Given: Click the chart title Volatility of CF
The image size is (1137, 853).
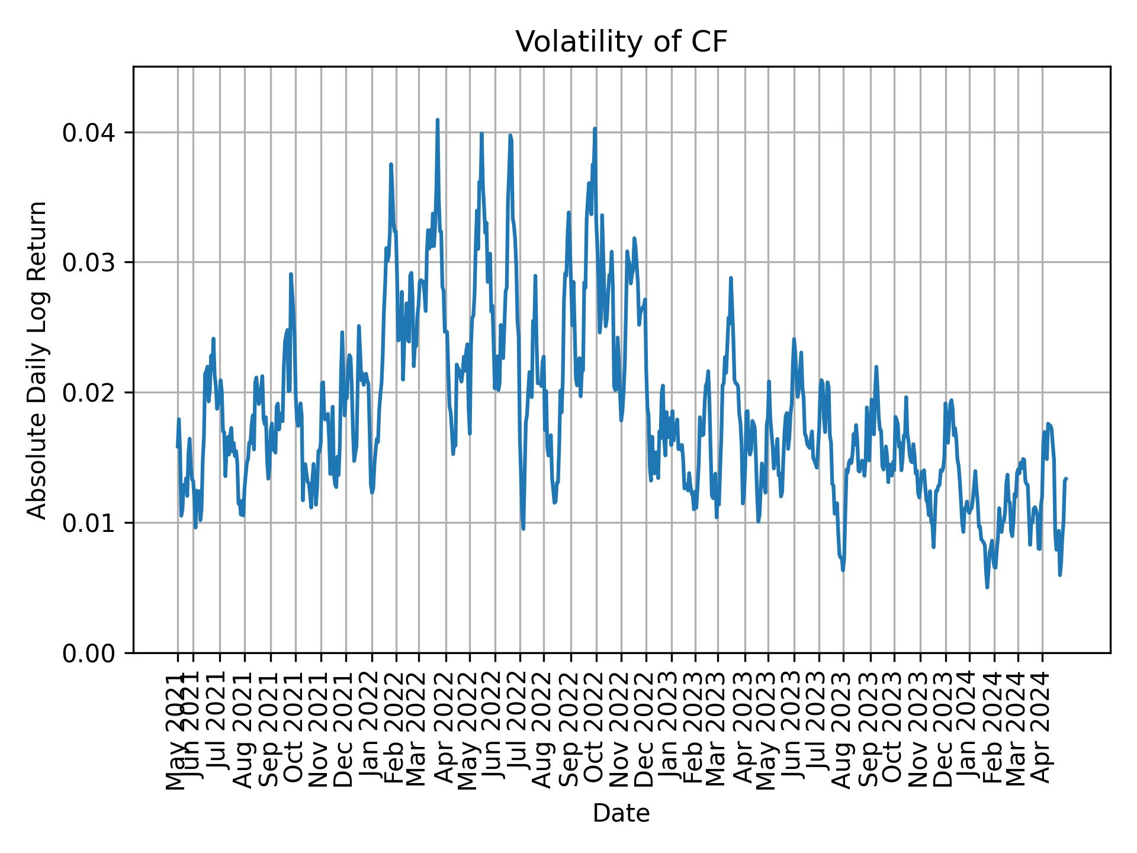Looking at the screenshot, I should (x=621, y=42).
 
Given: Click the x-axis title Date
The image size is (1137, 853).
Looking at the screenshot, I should (x=621, y=813).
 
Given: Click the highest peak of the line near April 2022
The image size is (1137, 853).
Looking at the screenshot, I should (x=437, y=120).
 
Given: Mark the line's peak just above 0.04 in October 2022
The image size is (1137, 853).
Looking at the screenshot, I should (x=595, y=129).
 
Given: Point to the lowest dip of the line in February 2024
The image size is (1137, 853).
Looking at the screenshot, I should (x=987, y=587).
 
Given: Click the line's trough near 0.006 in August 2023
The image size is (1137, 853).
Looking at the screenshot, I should (x=843, y=570).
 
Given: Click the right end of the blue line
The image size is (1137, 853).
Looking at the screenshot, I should (x=1067, y=479).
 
